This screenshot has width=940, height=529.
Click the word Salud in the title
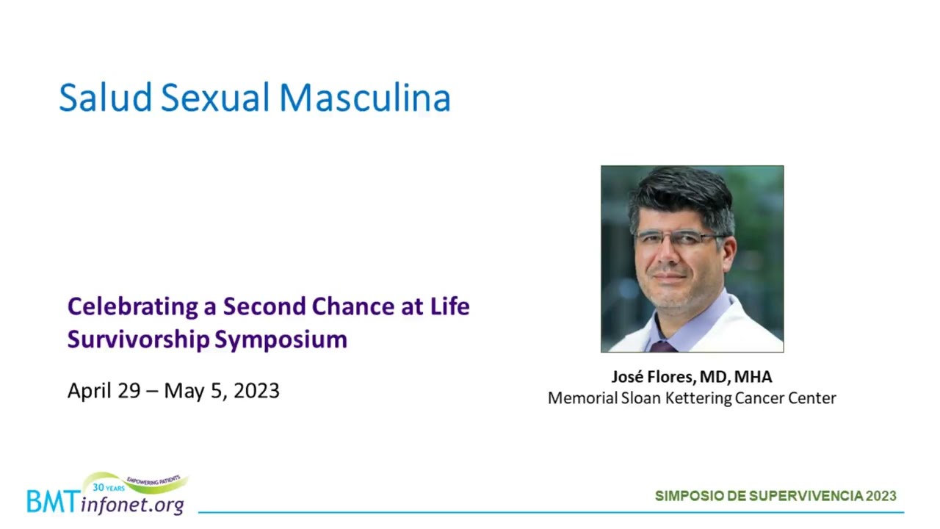[105, 98]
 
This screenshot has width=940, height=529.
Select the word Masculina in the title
[365, 98]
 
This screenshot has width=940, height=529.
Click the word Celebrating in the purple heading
[133, 307]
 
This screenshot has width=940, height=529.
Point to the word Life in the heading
[449, 306]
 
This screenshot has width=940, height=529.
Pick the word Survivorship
[139, 339]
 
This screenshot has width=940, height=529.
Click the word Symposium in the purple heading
[281, 339]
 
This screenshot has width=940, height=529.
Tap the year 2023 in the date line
[256, 391]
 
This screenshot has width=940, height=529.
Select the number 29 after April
[129, 391]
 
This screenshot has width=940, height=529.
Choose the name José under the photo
[627, 377]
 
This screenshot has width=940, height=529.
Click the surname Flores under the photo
[670, 377]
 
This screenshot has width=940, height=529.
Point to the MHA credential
[753, 377]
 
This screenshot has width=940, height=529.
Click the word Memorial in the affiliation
[582, 398]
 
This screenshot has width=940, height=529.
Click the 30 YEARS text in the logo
[108, 487]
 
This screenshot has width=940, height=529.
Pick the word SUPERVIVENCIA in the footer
[806, 496]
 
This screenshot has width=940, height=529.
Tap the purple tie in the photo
[662, 346]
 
